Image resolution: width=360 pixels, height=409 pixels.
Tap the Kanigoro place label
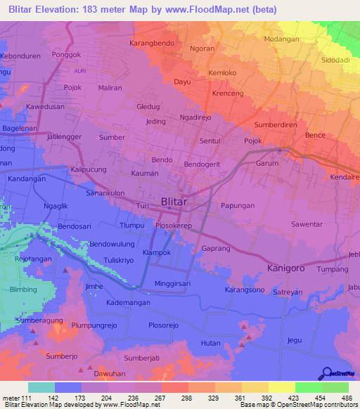tap(289, 268)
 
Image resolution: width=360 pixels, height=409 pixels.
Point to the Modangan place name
tap(281, 39)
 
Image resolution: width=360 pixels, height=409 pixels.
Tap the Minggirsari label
tap(174, 284)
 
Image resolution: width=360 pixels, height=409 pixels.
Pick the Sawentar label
tap(307, 224)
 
